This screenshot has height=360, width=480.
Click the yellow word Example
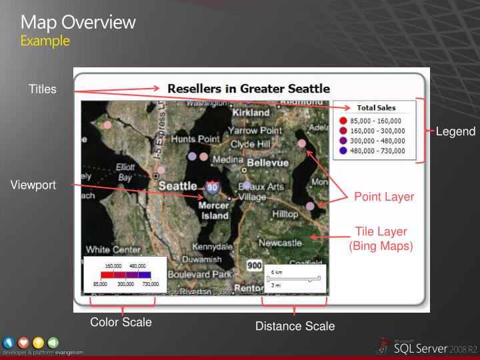pos(45,41)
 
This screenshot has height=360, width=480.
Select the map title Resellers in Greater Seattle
pos(249,88)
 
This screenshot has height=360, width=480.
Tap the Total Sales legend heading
pos(376,108)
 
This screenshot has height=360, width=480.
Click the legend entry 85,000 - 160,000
pos(377,121)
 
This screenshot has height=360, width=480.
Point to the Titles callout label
pos(43,89)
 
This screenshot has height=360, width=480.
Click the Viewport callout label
pos(32,185)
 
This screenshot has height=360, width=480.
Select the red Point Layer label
pos(384,197)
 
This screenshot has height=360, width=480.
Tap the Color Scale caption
pos(121,323)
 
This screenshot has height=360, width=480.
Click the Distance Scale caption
pos(295,326)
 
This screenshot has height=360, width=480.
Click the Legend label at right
pos(455,132)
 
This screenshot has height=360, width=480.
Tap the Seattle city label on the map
pos(177,185)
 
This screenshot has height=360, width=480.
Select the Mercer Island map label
pos(214,211)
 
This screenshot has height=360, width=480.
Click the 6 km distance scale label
pos(277,272)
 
